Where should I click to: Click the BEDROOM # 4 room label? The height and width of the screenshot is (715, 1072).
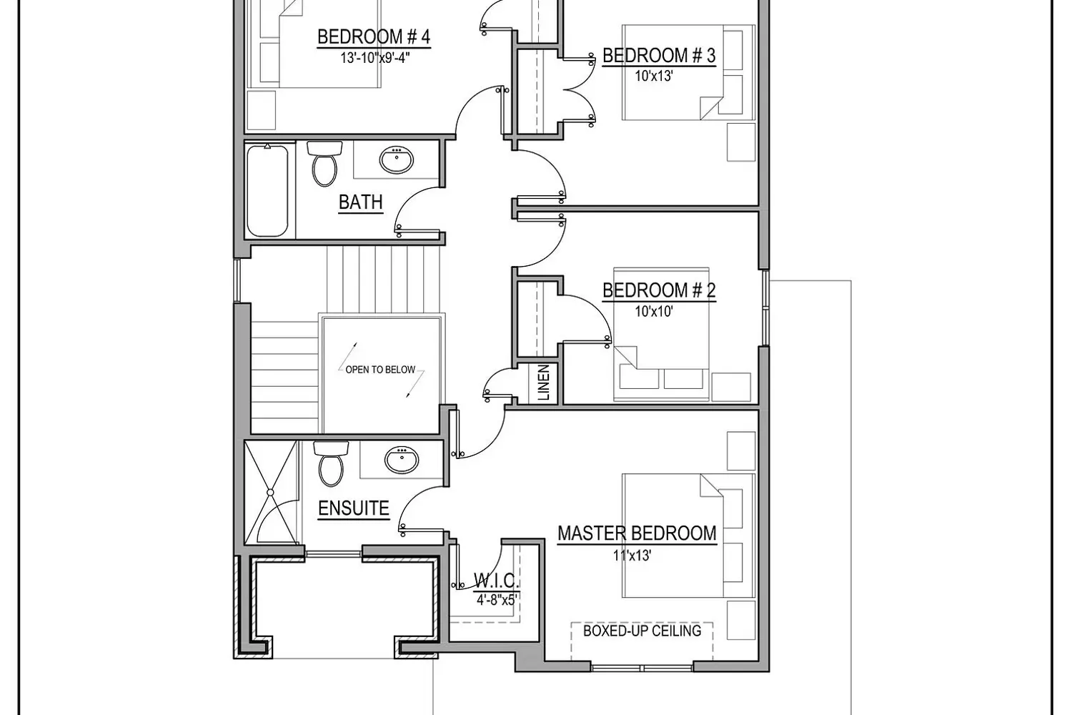374,37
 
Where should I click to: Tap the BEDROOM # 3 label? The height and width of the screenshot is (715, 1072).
659,56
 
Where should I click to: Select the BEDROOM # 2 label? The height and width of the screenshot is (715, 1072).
659,290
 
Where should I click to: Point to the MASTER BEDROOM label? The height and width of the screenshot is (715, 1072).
637,533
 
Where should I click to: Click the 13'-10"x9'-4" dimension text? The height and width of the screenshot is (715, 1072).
375,58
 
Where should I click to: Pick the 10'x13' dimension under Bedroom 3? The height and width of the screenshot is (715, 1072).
654,76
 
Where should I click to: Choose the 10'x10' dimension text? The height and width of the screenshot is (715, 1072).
654,311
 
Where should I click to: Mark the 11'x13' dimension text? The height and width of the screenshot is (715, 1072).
632,555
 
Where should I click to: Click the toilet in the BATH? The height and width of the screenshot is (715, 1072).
324,164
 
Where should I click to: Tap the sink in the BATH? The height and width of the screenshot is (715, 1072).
397,160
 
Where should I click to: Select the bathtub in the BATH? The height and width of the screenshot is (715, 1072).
267,191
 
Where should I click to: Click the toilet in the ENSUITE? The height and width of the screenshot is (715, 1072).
331,463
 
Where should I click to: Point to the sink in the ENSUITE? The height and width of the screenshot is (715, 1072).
402,459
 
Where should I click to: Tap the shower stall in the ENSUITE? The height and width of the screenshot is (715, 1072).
270,493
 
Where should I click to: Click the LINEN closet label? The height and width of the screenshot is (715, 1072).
544,383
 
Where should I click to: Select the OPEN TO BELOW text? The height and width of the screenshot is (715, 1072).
380,370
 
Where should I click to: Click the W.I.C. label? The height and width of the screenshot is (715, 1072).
496,581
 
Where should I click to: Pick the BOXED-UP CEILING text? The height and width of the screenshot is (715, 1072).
642,631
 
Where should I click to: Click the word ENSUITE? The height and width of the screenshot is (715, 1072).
354,508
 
